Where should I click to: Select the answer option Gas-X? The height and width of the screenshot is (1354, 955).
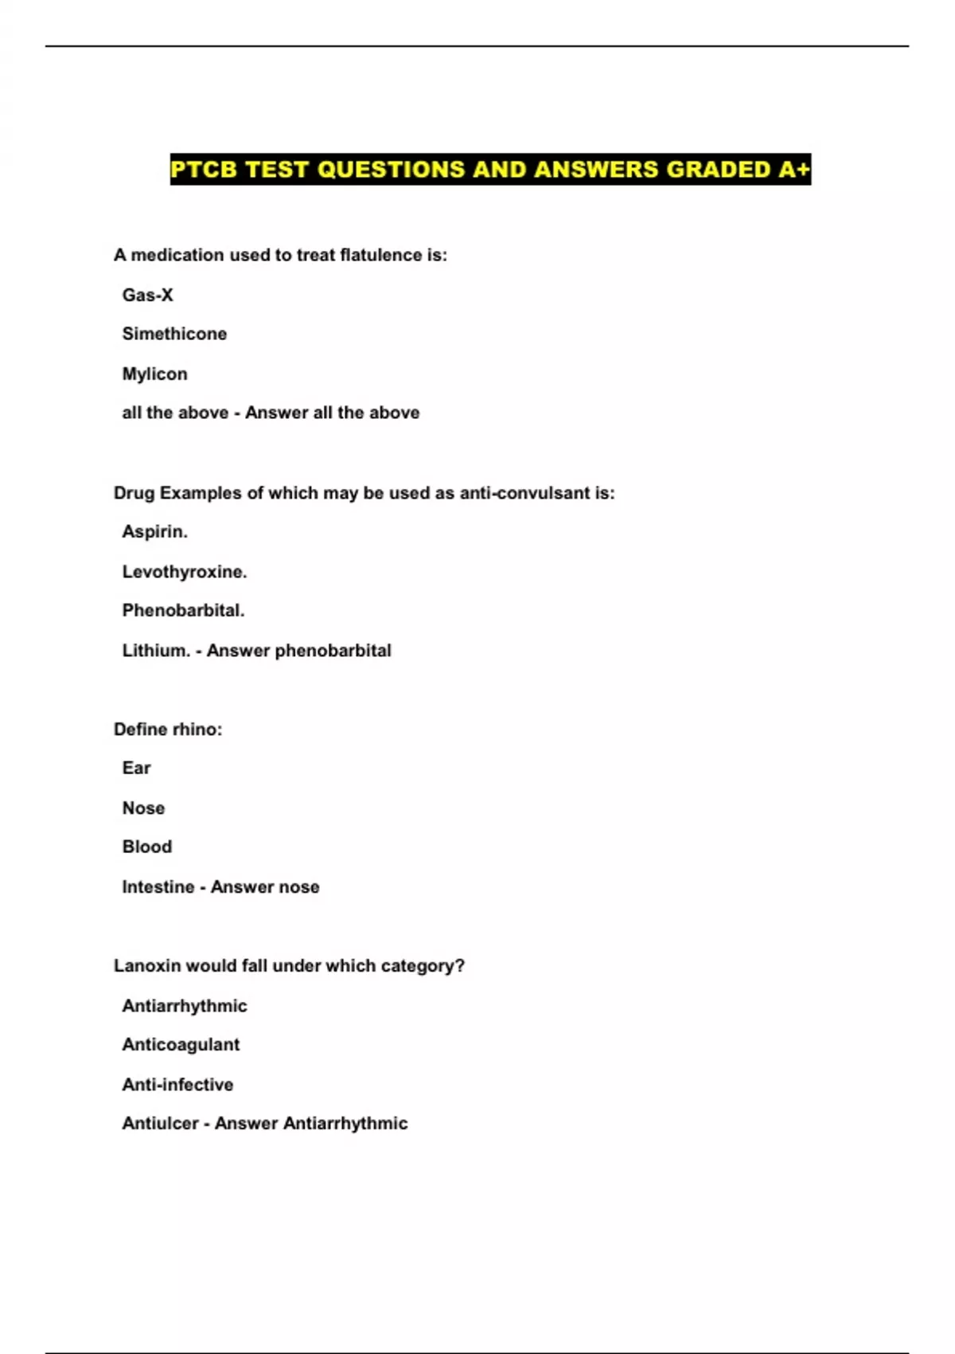click(147, 295)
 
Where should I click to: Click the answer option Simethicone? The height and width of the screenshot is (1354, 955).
click(174, 335)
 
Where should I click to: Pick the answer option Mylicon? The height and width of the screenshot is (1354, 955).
click(154, 374)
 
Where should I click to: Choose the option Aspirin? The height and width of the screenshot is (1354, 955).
click(154, 532)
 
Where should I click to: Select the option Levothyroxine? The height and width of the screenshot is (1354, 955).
click(184, 572)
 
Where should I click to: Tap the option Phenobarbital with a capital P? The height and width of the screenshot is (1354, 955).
click(183, 611)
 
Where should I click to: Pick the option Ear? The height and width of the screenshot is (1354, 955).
click(136, 769)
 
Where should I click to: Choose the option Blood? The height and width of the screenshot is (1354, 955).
click(146, 847)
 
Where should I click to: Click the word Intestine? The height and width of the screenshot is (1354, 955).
click(158, 887)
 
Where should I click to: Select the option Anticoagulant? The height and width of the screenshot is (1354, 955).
click(181, 1045)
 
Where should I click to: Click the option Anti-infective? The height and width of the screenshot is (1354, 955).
click(177, 1085)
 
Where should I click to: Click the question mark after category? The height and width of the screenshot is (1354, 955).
click(460, 966)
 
